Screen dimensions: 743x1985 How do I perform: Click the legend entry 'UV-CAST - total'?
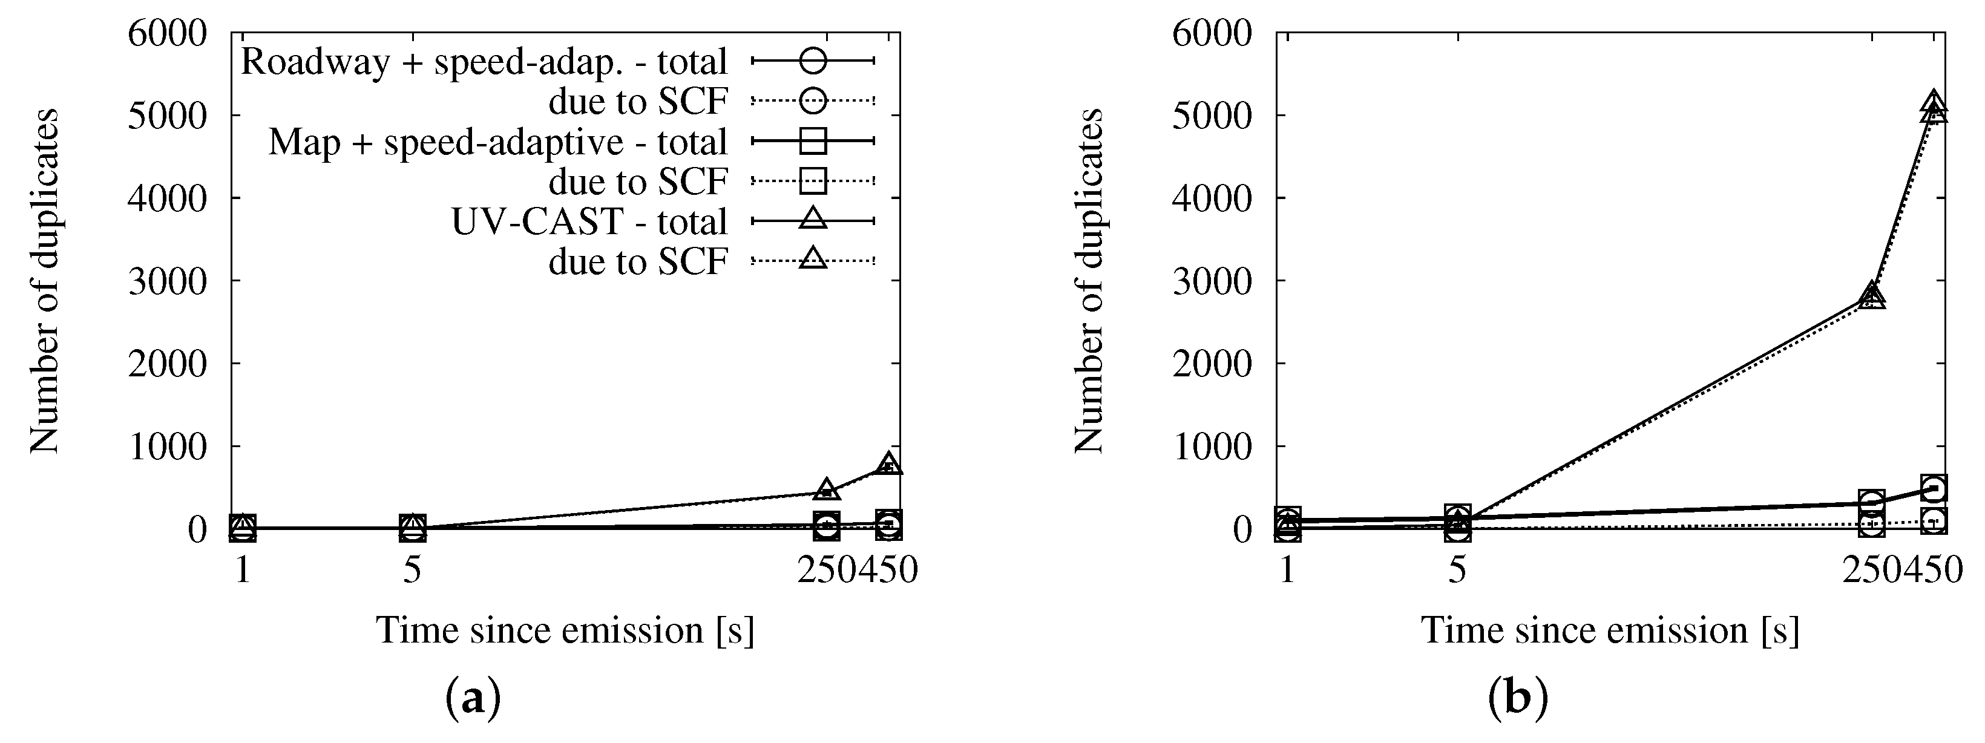click(x=589, y=222)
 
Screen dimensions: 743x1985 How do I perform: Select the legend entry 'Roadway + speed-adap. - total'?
click(x=484, y=62)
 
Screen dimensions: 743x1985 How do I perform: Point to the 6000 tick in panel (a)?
click(x=167, y=34)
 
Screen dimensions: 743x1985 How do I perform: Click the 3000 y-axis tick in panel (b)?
click(x=1212, y=281)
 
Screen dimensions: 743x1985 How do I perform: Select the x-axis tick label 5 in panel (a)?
click(x=412, y=571)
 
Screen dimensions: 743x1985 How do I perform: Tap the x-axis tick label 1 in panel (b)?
click(x=1287, y=571)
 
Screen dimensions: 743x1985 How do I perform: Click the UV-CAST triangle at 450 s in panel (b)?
click(x=1934, y=105)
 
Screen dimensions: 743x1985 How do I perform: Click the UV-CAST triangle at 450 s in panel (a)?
click(x=888, y=464)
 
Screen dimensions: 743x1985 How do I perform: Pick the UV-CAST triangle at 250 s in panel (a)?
click(x=826, y=489)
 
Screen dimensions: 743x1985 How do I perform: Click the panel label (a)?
click(x=473, y=698)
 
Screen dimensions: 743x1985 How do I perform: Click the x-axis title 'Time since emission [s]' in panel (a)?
click(x=565, y=630)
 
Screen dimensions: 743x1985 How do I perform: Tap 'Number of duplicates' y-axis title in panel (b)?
click(x=1088, y=281)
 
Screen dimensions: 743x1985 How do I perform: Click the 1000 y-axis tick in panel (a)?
click(x=167, y=447)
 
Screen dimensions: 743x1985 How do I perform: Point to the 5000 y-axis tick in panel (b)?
click(x=1212, y=116)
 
